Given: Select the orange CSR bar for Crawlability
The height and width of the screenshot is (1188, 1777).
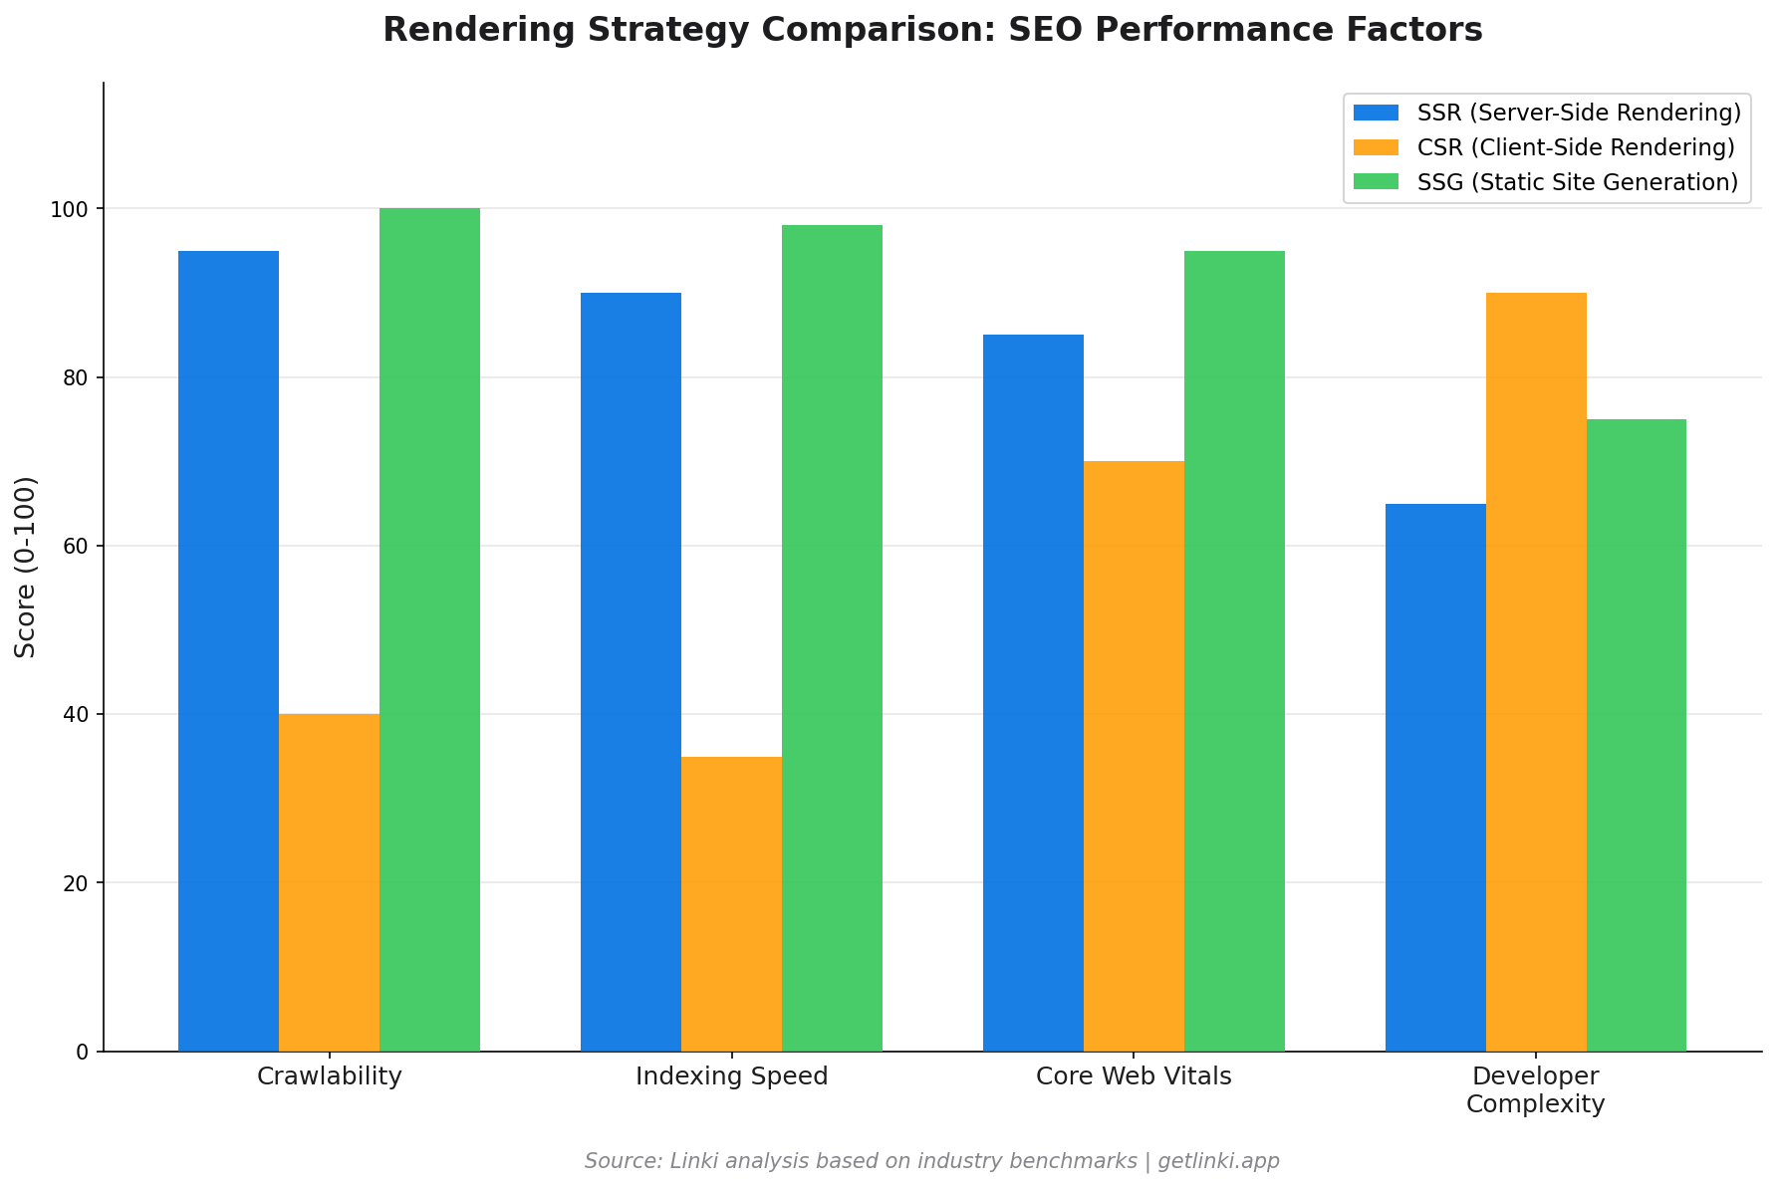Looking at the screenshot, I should point(329,882).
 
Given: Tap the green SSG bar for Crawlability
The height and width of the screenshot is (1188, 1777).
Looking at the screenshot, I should point(429,629).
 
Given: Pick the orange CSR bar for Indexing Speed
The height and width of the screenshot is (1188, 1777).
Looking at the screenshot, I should point(731,903).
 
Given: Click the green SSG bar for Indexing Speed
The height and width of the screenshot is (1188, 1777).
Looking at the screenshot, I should point(832,637).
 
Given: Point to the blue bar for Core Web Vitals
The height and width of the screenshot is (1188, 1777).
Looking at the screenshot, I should point(1033,692).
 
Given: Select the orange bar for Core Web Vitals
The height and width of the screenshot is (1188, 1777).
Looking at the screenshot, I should point(1134,756).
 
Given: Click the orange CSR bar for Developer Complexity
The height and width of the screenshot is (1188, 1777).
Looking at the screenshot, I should point(1536,671).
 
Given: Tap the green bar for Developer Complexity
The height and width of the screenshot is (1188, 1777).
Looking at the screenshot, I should point(1637,735).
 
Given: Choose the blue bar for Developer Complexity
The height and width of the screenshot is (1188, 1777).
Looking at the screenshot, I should point(1435,777).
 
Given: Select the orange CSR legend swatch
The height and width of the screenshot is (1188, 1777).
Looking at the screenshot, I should point(1377,147).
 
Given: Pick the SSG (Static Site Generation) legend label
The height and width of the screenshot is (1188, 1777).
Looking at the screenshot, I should point(1577,182).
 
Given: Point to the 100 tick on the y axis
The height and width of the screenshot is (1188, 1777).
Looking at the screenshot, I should point(77,209).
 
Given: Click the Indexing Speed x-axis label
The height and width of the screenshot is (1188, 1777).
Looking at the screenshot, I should point(731,1076).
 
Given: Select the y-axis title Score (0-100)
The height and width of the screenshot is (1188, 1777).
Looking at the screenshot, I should point(26,567).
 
